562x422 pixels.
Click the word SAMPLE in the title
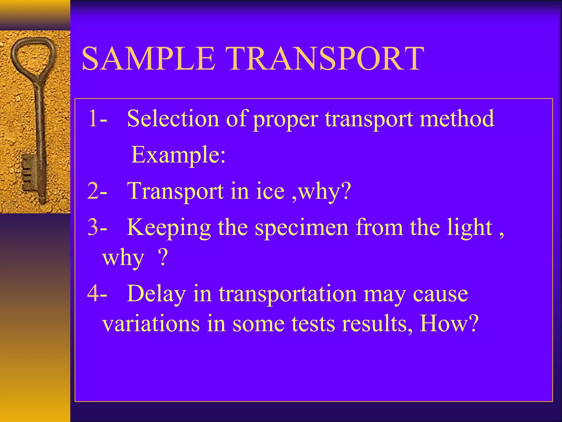pyautogui.click(x=148, y=59)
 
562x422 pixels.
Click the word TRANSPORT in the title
pyautogui.click(x=325, y=59)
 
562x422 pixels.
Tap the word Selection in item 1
pyautogui.click(x=173, y=118)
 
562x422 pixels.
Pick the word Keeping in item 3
pyautogui.click(x=168, y=227)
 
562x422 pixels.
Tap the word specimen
pyautogui.click(x=302, y=227)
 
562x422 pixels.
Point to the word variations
pyautogui.click(x=151, y=323)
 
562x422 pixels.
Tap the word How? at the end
pyautogui.click(x=449, y=323)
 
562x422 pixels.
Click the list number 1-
pyautogui.click(x=97, y=118)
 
